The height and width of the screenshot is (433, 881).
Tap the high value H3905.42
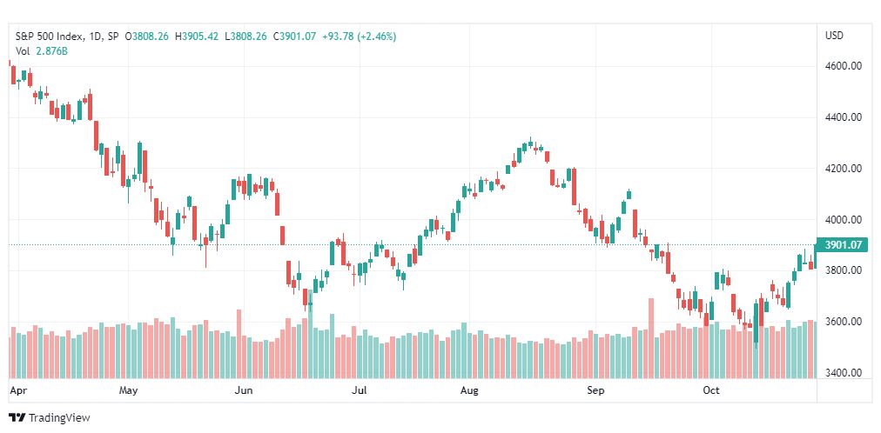[198, 37]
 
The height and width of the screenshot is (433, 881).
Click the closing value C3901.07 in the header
[297, 37]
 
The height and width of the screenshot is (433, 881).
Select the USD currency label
[834, 36]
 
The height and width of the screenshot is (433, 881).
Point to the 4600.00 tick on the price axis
[843, 66]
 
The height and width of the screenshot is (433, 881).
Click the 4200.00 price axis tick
[843, 169]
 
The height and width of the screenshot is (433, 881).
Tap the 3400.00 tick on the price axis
[843, 373]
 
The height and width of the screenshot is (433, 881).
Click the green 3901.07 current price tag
[842, 245]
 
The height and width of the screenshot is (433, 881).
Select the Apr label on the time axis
[17, 390]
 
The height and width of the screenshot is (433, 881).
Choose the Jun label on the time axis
[244, 390]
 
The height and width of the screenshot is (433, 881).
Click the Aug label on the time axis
[470, 390]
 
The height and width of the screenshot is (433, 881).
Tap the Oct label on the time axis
[711, 390]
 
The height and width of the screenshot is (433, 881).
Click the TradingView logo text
[59, 418]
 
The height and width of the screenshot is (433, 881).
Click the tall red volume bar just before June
[239, 343]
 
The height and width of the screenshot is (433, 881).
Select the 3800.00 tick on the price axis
[843, 270]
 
